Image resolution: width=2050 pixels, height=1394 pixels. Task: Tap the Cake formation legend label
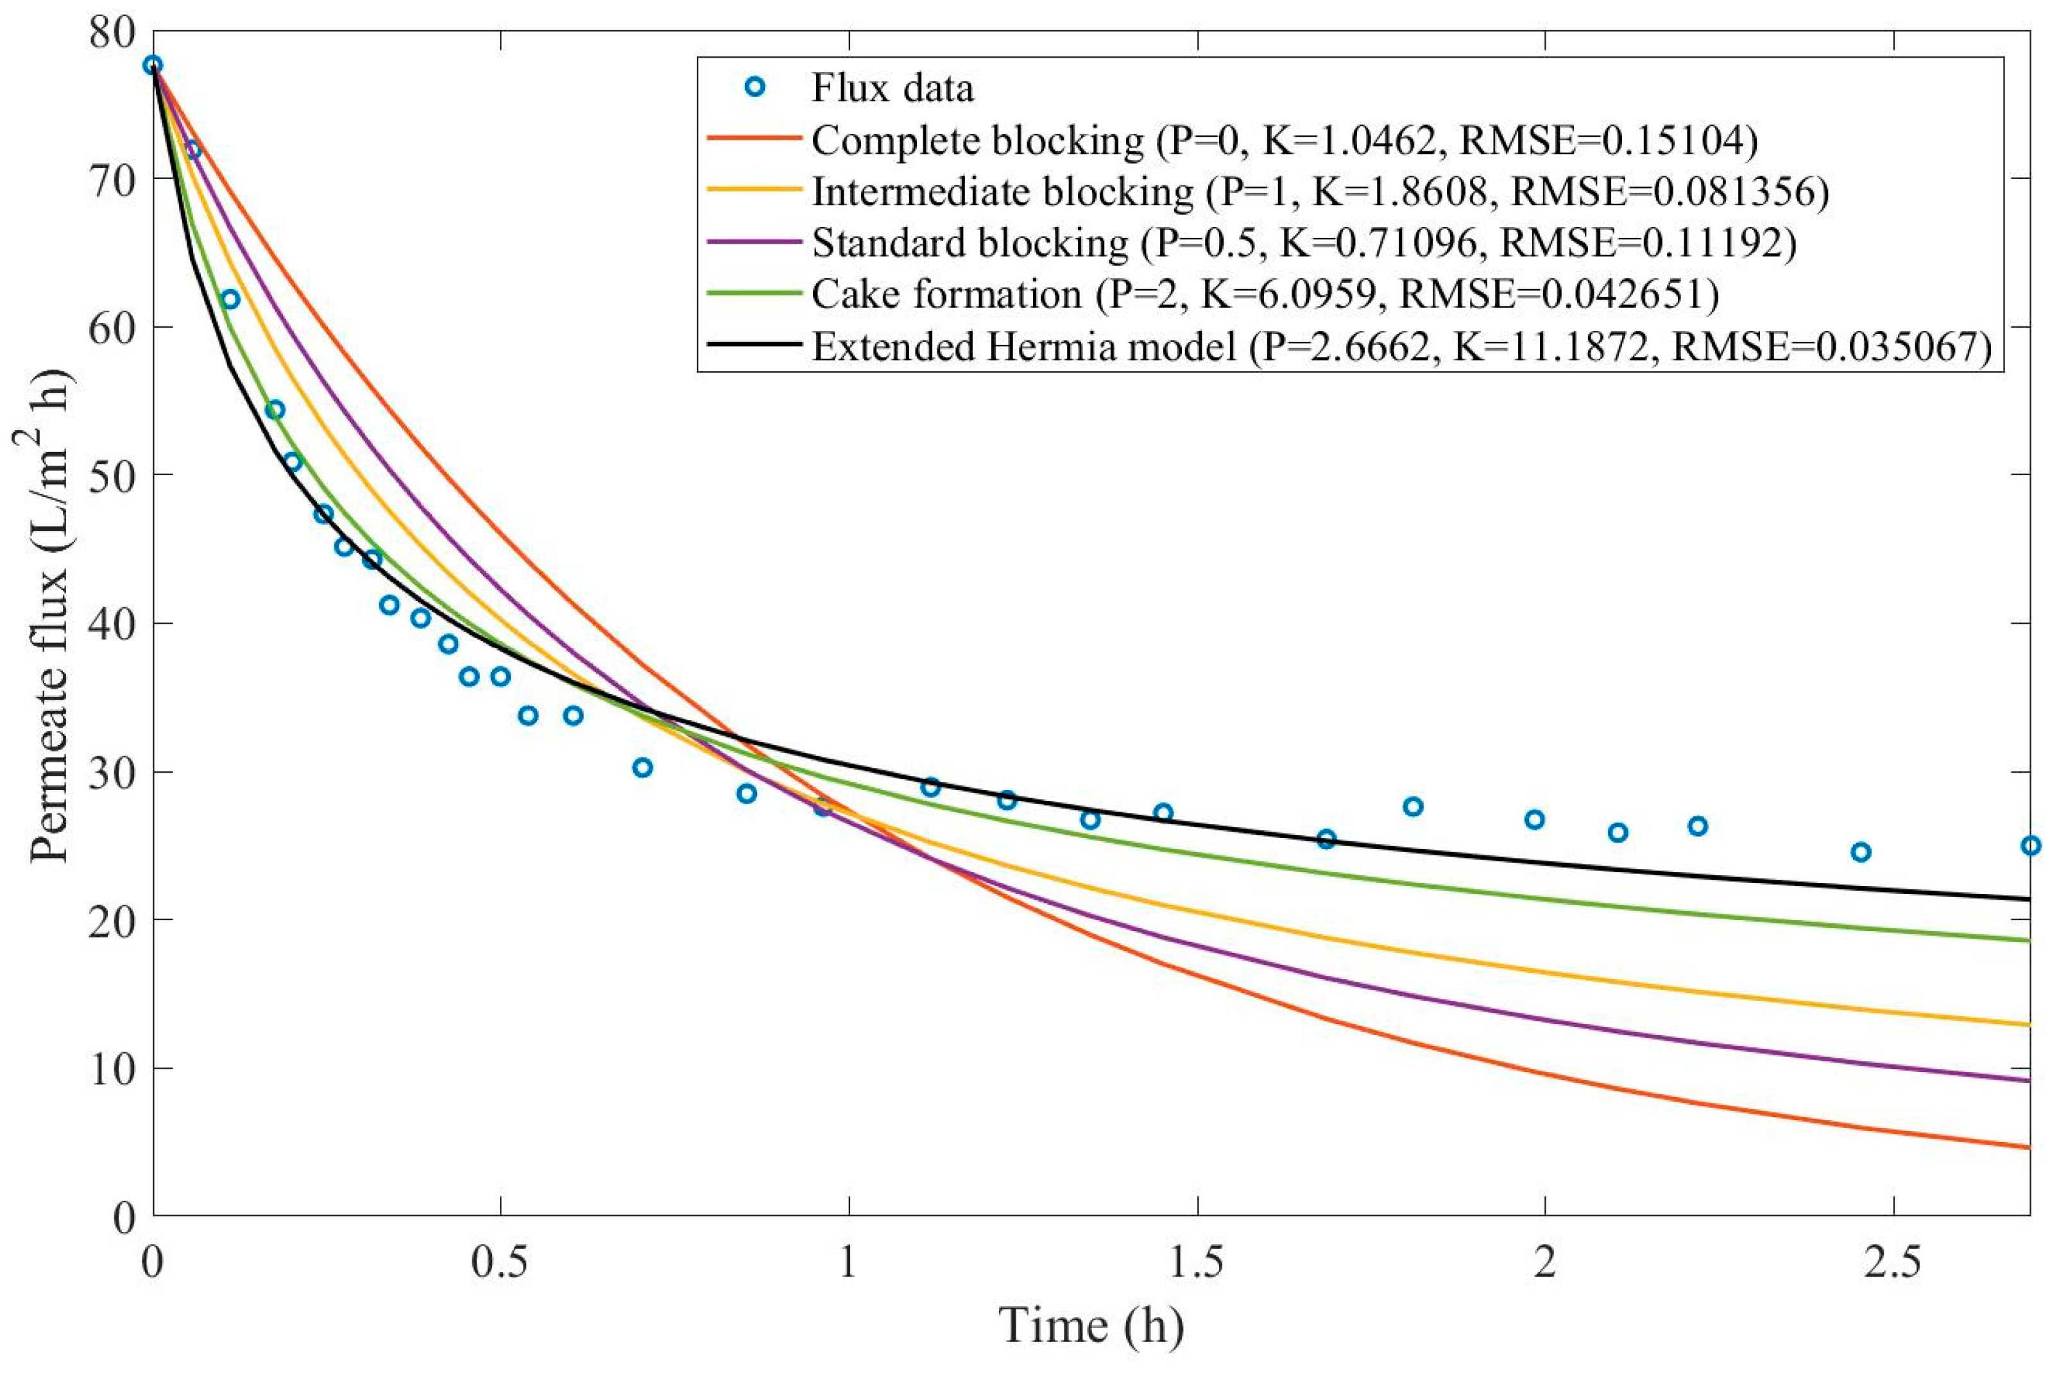(1264, 294)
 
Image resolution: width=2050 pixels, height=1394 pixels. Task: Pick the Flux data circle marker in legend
(755, 87)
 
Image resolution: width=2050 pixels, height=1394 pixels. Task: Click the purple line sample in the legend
(754, 242)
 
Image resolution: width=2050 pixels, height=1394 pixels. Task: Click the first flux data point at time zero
(153, 64)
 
